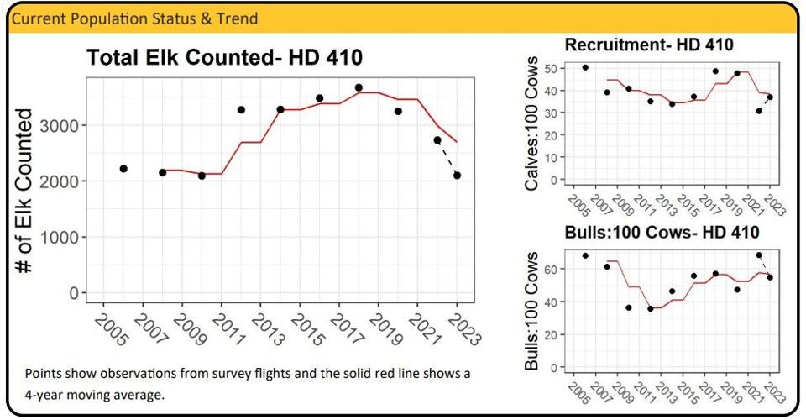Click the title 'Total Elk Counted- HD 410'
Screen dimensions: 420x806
225,58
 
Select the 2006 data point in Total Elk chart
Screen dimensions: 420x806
123,169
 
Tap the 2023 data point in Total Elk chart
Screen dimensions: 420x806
457,176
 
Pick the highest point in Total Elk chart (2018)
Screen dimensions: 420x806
359,87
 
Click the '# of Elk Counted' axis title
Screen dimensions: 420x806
25,190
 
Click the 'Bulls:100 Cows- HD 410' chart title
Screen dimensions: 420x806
662,232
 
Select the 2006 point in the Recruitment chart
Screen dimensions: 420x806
585,67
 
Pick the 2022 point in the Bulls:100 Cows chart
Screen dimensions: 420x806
759,255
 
